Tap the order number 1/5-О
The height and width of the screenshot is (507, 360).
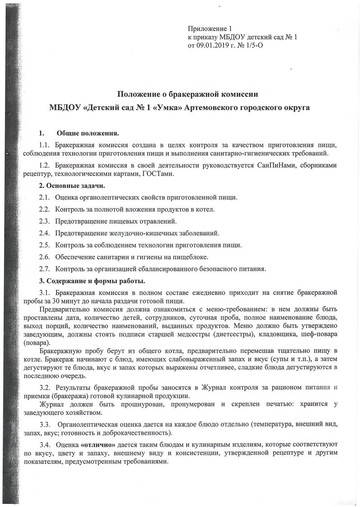[x=251, y=45]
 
